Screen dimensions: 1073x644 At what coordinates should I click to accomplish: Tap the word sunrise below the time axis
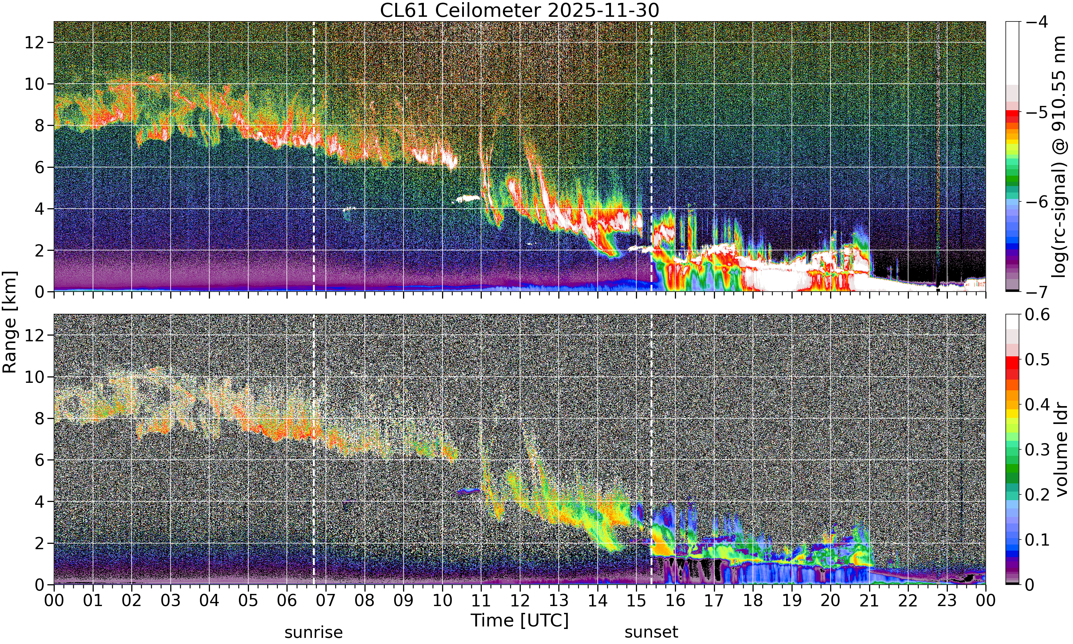point(314,632)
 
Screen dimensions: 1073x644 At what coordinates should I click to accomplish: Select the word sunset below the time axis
point(651,632)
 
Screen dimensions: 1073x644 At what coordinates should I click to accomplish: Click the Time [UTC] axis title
point(520,620)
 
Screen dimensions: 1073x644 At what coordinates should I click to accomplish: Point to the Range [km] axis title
point(10,322)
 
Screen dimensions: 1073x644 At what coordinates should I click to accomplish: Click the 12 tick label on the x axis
point(520,601)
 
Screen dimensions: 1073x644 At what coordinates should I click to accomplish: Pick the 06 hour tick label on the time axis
point(287,601)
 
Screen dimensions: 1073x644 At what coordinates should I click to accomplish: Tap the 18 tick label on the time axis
point(753,601)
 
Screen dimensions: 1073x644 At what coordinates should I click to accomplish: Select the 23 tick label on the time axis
point(947,601)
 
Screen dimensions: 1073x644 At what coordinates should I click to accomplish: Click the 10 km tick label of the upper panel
point(34,84)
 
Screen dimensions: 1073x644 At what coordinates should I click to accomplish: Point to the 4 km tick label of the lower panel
point(39,502)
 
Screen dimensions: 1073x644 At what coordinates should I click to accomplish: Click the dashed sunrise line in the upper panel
point(314,156)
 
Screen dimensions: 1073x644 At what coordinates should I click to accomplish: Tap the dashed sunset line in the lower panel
point(651,449)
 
